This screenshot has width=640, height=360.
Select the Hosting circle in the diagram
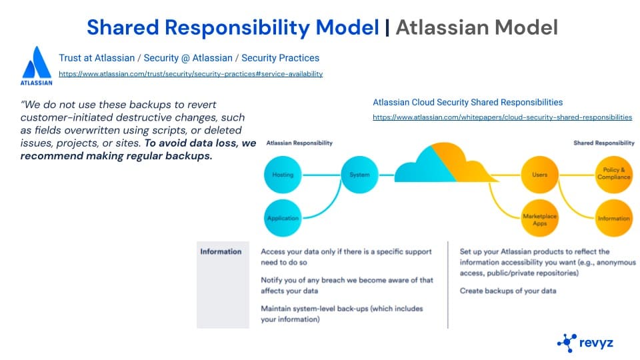tap(282, 175)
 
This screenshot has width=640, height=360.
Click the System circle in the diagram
tap(359, 175)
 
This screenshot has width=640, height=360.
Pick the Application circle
tap(282, 218)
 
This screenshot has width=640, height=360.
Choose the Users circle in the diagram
tap(539, 175)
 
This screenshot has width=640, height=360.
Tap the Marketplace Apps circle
tap(539, 218)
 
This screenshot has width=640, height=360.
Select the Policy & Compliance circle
tap(613, 175)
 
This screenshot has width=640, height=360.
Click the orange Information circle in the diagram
tap(613, 218)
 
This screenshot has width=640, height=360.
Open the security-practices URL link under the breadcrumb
tap(191, 74)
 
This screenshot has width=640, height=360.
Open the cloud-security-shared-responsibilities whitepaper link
tap(502, 117)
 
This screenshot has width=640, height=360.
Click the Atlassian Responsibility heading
tap(299, 143)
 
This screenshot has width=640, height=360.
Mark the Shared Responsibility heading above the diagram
tap(604, 143)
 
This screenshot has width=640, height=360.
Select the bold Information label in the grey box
tap(221, 251)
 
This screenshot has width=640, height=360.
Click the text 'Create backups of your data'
tap(508, 291)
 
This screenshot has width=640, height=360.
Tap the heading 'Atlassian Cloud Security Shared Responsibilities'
tap(467, 103)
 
